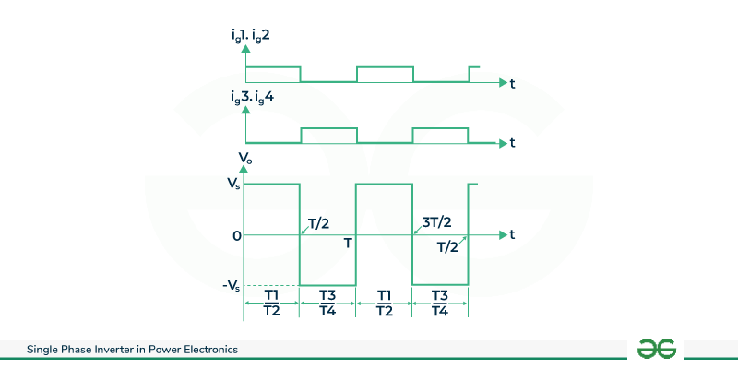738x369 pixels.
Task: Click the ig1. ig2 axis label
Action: pos(250,37)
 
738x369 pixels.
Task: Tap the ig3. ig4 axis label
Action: pos(250,99)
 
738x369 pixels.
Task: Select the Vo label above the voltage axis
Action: pos(245,159)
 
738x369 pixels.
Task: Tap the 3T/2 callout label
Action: pos(436,222)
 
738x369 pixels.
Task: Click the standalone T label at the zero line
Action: pos(349,243)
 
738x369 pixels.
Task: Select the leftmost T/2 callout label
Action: pos(319,223)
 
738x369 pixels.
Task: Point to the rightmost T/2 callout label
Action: pos(447,247)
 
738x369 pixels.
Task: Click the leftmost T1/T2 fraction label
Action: pos(271,303)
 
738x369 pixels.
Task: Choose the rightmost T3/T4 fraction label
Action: pos(440,303)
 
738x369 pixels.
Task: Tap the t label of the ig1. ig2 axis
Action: pos(512,84)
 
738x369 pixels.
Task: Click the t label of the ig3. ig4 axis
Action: pos(512,143)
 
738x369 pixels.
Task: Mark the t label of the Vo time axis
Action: pos(512,234)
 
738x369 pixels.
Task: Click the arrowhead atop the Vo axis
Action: pos(244,170)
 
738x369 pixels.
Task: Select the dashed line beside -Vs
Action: pos(271,285)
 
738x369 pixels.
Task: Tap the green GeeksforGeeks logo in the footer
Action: pos(656,349)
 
